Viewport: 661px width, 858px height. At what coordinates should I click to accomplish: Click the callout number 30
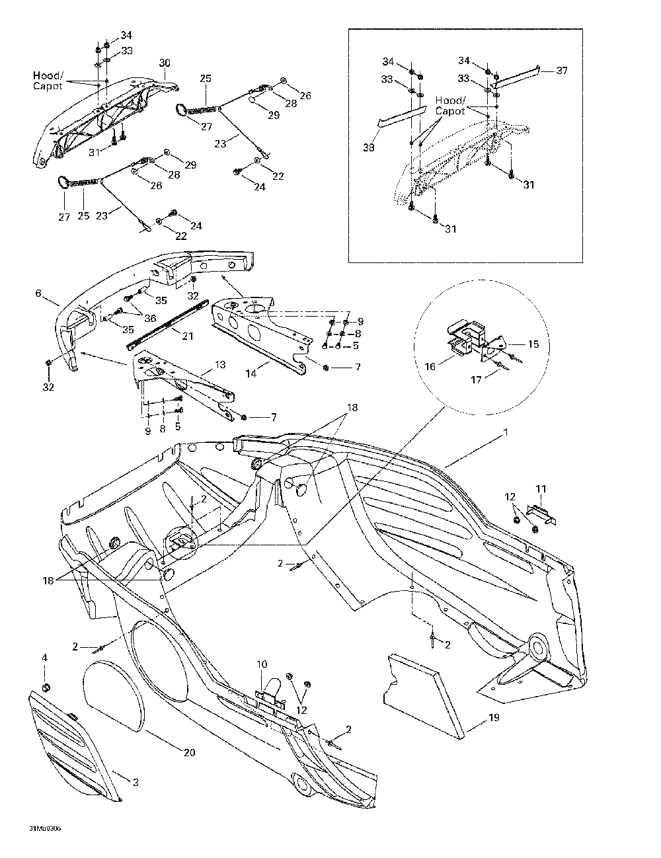pyautogui.click(x=165, y=63)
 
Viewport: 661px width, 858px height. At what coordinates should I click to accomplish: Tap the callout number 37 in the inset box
pyautogui.click(x=561, y=70)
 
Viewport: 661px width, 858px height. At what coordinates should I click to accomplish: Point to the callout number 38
pyautogui.click(x=369, y=147)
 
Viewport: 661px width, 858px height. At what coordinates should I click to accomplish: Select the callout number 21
pyautogui.click(x=188, y=336)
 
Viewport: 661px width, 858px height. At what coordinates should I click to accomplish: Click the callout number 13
pyautogui.click(x=220, y=364)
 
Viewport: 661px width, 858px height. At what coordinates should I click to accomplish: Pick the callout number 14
pyautogui.click(x=251, y=373)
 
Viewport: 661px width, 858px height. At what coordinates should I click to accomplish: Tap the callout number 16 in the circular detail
pyautogui.click(x=430, y=367)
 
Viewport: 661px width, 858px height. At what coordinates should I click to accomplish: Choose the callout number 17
pyautogui.click(x=476, y=379)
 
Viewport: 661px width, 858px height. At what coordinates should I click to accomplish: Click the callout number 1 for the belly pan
pyautogui.click(x=505, y=432)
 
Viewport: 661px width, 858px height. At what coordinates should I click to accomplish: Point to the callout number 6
pyautogui.click(x=38, y=293)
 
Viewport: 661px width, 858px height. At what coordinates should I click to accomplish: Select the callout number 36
pyautogui.click(x=151, y=318)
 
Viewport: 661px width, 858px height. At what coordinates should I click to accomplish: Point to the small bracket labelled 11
pyautogui.click(x=541, y=514)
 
